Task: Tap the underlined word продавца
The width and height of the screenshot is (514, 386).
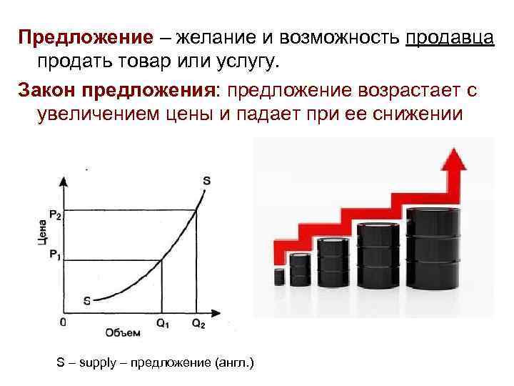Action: point(449,36)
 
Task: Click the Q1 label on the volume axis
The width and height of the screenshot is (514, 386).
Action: point(163,323)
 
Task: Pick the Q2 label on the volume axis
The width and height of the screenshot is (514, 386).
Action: point(198,323)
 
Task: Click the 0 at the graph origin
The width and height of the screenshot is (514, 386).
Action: point(63,322)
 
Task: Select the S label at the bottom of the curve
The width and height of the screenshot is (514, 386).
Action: point(86,300)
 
